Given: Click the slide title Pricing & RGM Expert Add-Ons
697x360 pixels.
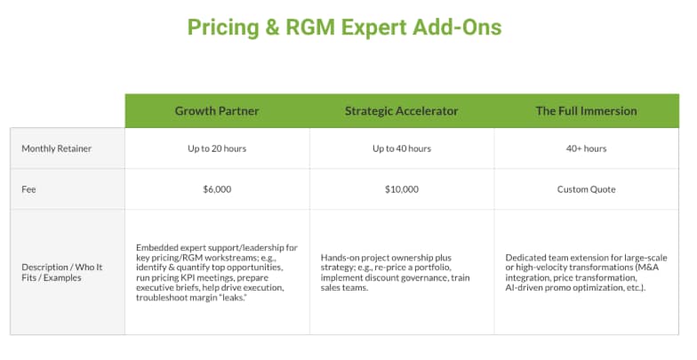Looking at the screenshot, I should point(344,28).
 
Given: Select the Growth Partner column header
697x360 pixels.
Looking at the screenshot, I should point(217,111).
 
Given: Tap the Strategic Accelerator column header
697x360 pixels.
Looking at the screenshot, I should point(402,111).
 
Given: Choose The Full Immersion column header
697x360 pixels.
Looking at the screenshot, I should point(586,111).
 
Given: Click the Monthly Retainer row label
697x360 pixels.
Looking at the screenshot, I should point(57,148).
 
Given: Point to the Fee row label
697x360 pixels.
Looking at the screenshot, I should point(28,189).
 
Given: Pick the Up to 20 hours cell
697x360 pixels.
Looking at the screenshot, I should point(217,148).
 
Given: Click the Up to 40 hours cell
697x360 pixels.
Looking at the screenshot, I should point(402,148).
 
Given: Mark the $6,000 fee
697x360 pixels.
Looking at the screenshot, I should point(217,189).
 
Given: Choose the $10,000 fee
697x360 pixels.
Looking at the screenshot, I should point(402,189).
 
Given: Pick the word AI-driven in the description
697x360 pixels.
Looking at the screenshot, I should point(523,287).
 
